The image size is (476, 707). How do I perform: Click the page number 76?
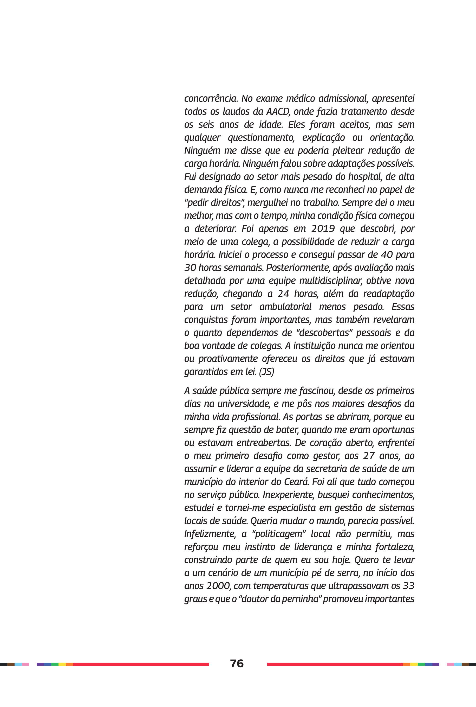click(237, 663)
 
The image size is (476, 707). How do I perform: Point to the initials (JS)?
click(266, 372)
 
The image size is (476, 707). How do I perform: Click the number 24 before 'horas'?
click(284, 294)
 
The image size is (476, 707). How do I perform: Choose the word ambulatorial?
click(285, 307)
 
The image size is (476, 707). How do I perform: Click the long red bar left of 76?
click(141, 664)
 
